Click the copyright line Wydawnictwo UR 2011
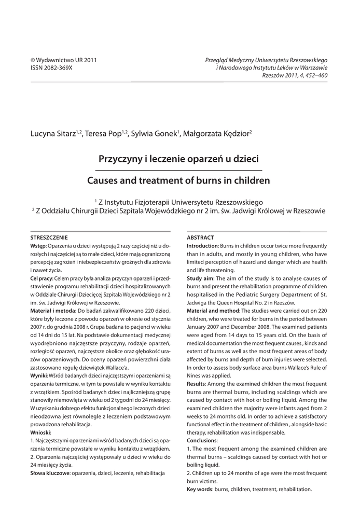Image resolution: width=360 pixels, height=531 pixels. (x=64, y=60)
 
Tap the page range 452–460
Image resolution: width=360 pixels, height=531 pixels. (x=314, y=75)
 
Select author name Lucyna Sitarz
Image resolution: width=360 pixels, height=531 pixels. (x=53, y=134)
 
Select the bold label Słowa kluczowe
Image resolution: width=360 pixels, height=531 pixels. (x=50, y=473)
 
